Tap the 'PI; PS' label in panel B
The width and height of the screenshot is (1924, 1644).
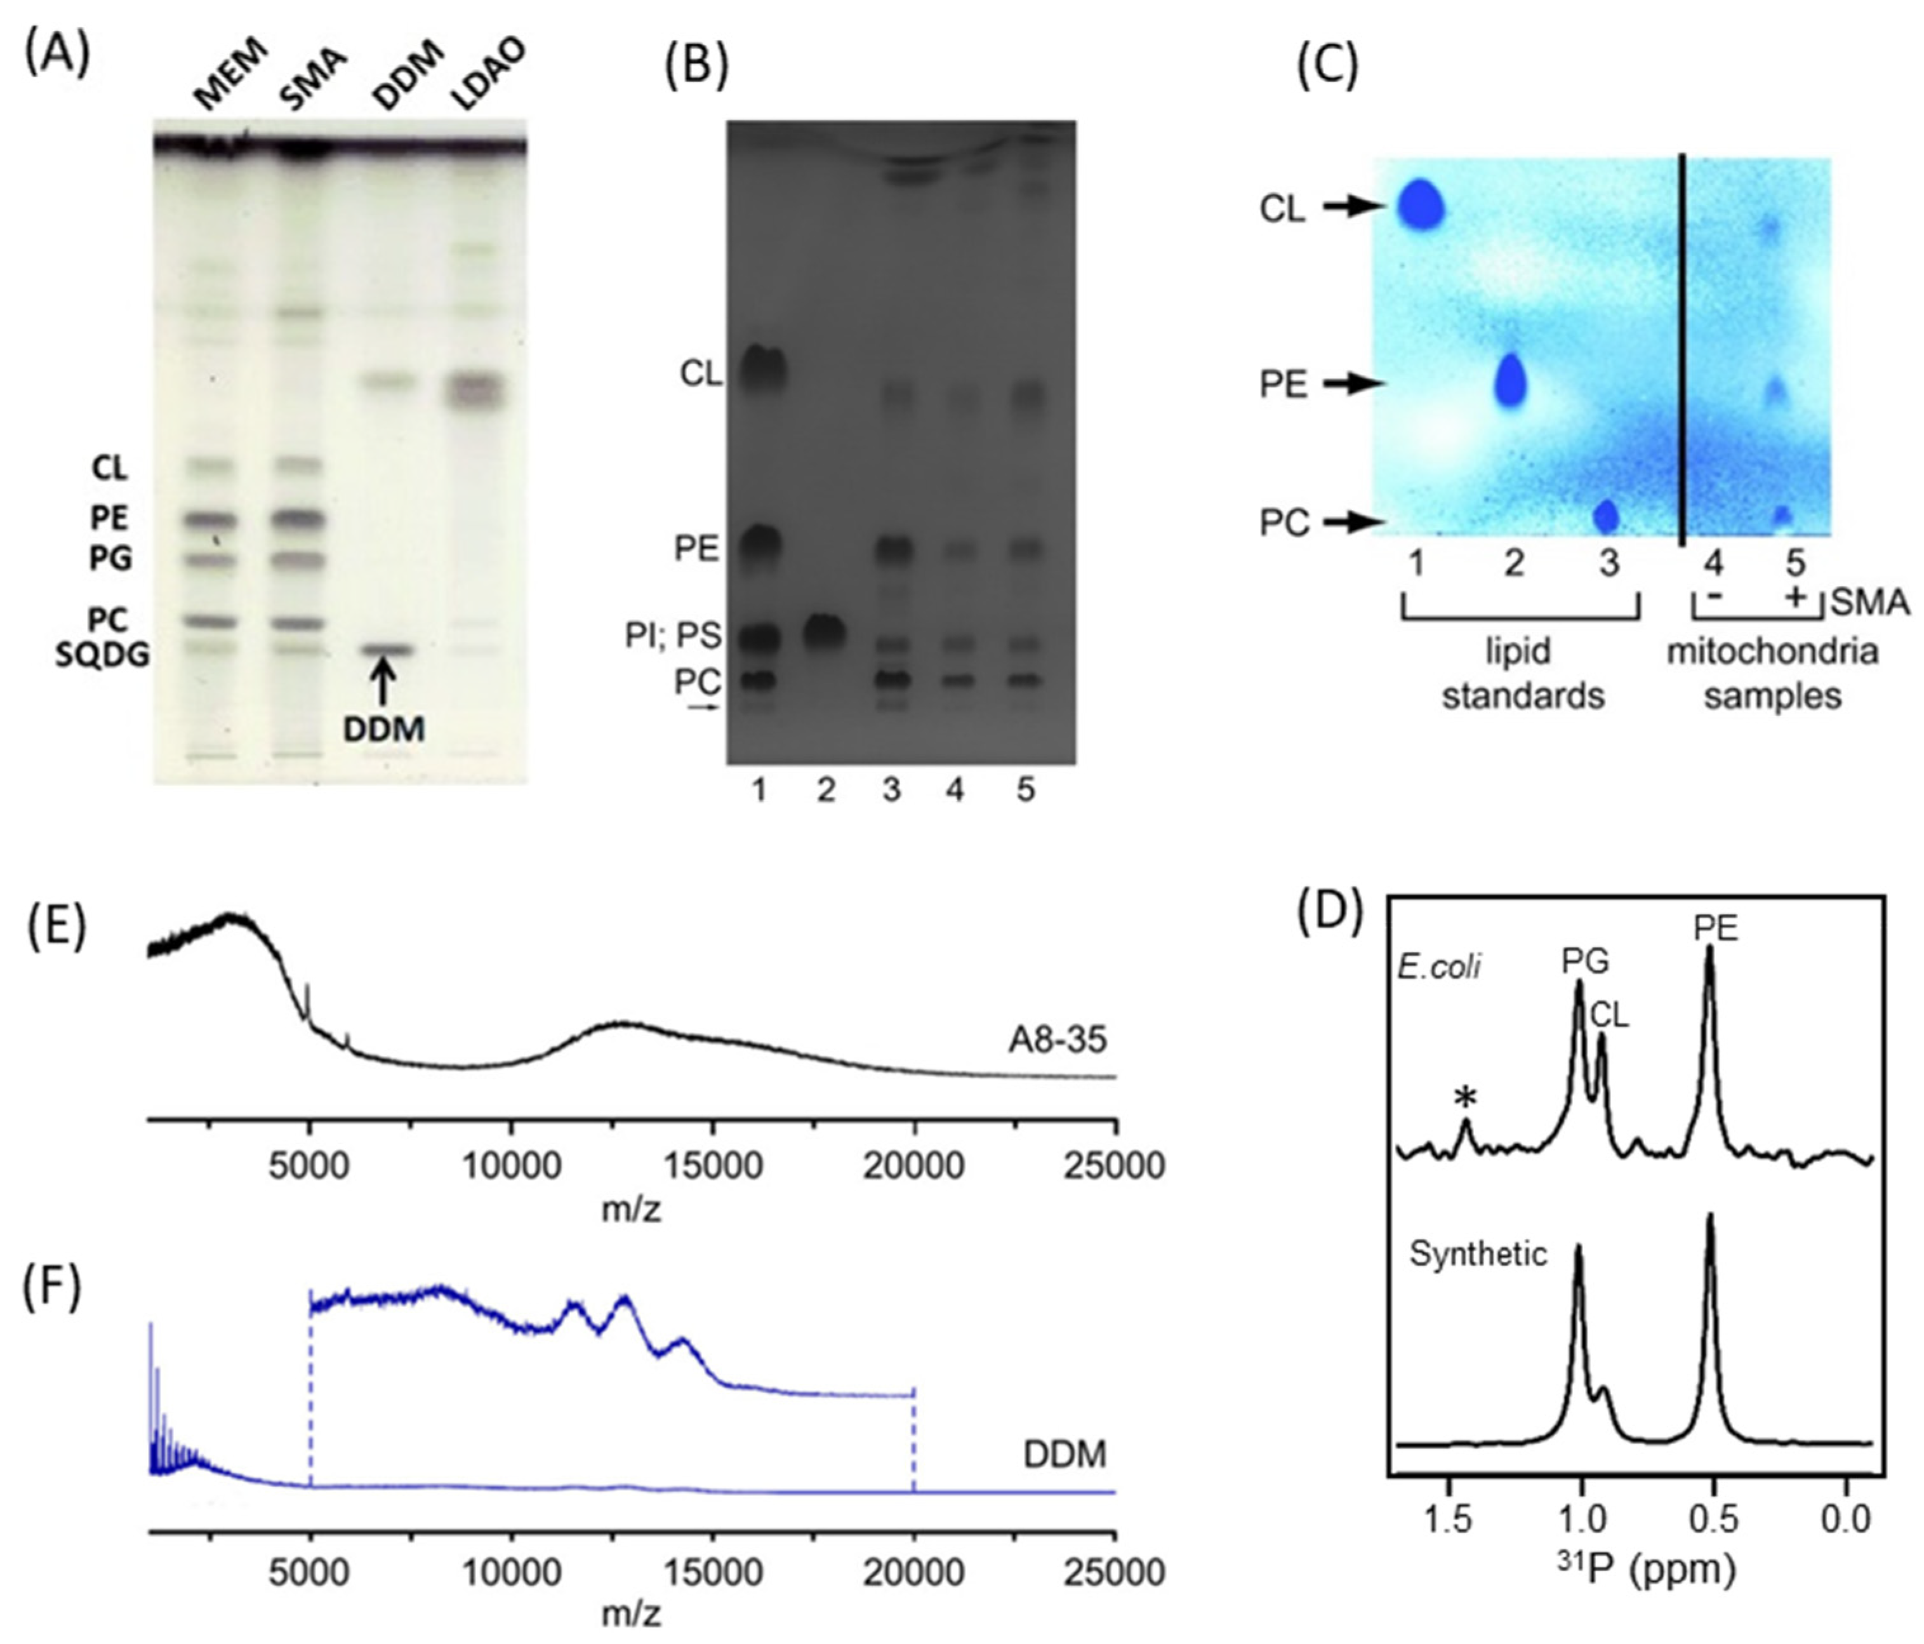pos(672,637)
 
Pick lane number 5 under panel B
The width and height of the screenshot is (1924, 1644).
pos(1025,791)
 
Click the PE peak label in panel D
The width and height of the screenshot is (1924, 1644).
pos(1714,929)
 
